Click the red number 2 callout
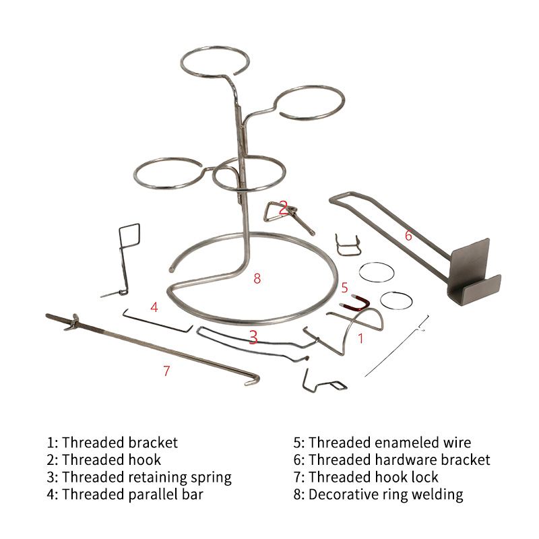pyautogui.click(x=283, y=208)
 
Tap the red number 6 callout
pyautogui.click(x=408, y=235)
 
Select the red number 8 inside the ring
pyautogui.click(x=257, y=278)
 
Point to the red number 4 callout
pyautogui.click(x=154, y=307)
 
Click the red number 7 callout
pyautogui.click(x=166, y=371)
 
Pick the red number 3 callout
pyautogui.click(x=253, y=337)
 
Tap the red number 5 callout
pyautogui.click(x=345, y=288)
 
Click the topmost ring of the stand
pyautogui.click(x=215, y=48)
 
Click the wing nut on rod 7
pyautogui.click(x=73, y=323)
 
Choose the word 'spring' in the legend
pyautogui.click(x=211, y=478)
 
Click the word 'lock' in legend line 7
pyautogui.click(x=425, y=477)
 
